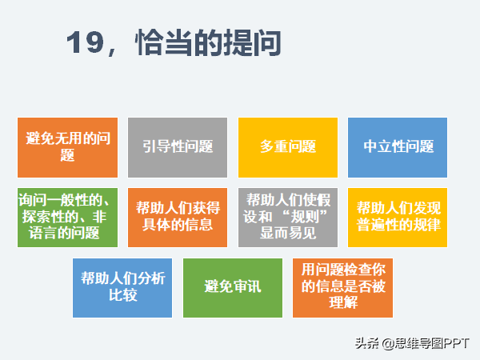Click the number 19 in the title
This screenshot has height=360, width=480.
coord(85,42)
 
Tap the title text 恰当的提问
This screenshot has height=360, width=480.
coord(208,42)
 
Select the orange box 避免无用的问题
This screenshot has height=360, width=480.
coord(68,147)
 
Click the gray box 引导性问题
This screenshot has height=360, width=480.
coord(178,147)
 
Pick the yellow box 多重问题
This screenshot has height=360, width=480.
coord(288,147)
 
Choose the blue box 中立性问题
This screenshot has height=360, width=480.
coord(398,147)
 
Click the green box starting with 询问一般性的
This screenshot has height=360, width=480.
coord(68,218)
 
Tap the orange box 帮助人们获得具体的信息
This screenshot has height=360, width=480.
coord(178,218)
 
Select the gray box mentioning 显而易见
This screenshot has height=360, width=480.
coord(288,218)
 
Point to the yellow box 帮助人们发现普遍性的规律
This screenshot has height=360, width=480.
coord(398,218)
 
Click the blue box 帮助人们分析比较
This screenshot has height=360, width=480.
coord(122,288)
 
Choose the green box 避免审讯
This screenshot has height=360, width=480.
coord(233,288)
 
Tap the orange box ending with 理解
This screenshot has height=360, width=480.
coord(343,288)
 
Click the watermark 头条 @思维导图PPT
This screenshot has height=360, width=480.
coord(412,343)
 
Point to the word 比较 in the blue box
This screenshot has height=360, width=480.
coord(123,295)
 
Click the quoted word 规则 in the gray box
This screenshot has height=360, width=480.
coord(305,217)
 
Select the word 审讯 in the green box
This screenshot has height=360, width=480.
coord(247,287)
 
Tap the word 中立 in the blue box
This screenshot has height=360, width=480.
coord(377,146)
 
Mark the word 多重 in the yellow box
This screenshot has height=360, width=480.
coord(274,146)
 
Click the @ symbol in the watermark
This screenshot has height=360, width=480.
coord(387,344)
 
